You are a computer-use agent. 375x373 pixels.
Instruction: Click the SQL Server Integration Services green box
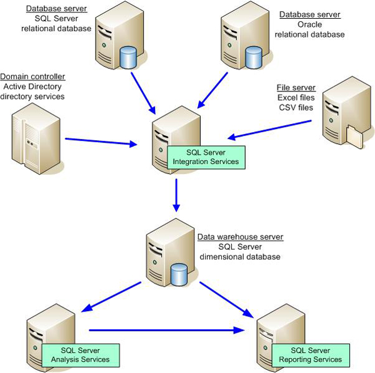pyautogui.click(x=206, y=157)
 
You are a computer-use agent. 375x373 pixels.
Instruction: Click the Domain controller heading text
pyautogui.click(x=33, y=76)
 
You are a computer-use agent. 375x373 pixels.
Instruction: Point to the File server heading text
pyautogui.click(x=296, y=88)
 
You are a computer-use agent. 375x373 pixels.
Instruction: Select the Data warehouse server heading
pyautogui.click(x=240, y=237)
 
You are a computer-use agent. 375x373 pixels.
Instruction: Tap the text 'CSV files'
pyautogui.click(x=296, y=108)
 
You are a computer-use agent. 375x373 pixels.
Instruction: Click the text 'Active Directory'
pyautogui.click(x=32, y=86)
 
